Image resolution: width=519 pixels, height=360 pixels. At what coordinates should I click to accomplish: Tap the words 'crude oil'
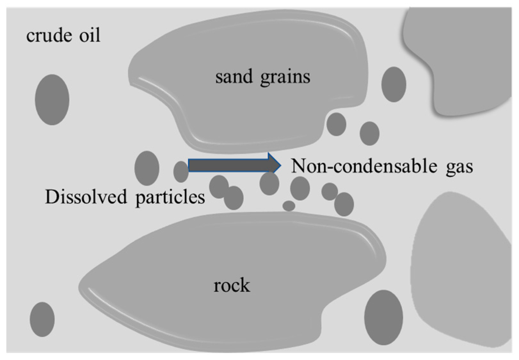pos(63,35)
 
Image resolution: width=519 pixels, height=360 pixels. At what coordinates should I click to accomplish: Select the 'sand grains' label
pos(262,77)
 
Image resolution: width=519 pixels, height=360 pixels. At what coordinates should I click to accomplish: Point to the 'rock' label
pos(231,285)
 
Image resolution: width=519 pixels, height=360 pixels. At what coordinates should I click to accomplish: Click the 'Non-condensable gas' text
pos(382,166)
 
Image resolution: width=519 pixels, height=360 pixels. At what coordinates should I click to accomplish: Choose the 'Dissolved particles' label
pos(125,197)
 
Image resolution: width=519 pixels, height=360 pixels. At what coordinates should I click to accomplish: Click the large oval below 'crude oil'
pos(52,99)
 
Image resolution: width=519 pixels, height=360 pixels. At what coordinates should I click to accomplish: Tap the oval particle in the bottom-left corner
pos(42,319)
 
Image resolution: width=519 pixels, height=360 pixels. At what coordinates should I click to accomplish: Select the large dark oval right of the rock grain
pos(383,317)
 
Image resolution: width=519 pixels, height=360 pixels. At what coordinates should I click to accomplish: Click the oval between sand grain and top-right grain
pos(394,84)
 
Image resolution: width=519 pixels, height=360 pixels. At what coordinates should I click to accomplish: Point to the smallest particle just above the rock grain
pos(289,206)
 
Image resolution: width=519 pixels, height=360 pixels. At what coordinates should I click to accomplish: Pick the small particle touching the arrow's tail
pos(181,172)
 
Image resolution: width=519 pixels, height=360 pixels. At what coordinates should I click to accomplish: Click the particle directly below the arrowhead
pos(269,184)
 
